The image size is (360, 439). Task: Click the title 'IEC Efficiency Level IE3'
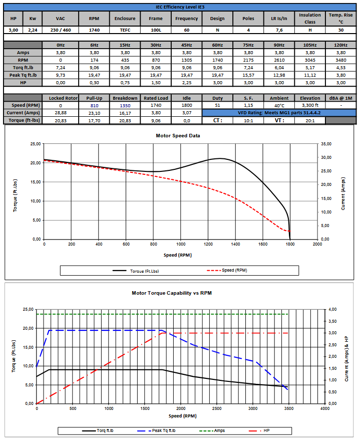pyautogui.click(x=180, y=7)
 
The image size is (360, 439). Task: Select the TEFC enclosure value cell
pyautogui.click(x=125, y=30)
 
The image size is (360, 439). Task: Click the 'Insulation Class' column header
pyautogui.click(x=310, y=18)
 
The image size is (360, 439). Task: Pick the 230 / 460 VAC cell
pyautogui.click(x=61, y=30)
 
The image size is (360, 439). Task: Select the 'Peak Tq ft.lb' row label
pyautogui.click(x=23, y=75)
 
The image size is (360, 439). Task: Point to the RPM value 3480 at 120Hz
pyautogui.click(x=341, y=60)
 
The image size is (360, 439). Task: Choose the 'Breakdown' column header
pyautogui.click(x=125, y=98)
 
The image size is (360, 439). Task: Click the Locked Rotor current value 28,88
pyautogui.click(x=61, y=113)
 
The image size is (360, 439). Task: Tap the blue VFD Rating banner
pyautogui.click(x=279, y=113)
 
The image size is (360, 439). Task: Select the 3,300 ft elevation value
pyautogui.click(x=310, y=105)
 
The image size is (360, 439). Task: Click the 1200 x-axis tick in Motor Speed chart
pyautogui.click(x=208, y=245)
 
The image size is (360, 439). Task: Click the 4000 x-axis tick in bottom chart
pyautogui.click(x=325, y=409)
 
